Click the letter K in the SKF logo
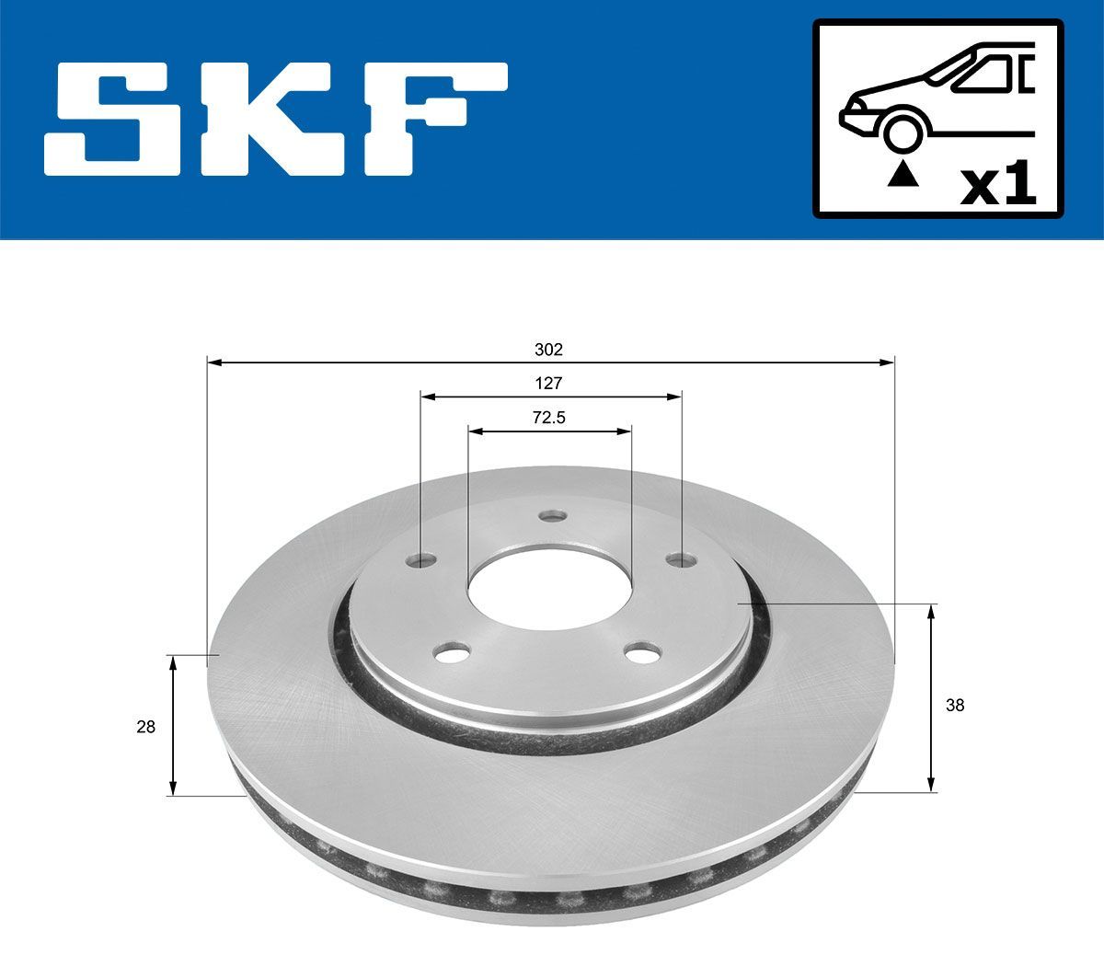pos(272,119)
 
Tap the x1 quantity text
pos(997,188)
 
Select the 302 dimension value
pos(548,350)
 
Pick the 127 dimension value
pos(548,384)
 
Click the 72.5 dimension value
pos(548,418)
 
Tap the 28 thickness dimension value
pos(145,727)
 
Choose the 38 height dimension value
pos(955,706)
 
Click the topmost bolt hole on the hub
pos(552,516)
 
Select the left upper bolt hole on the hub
pos(421,559)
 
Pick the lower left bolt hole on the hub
pos(451,654)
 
